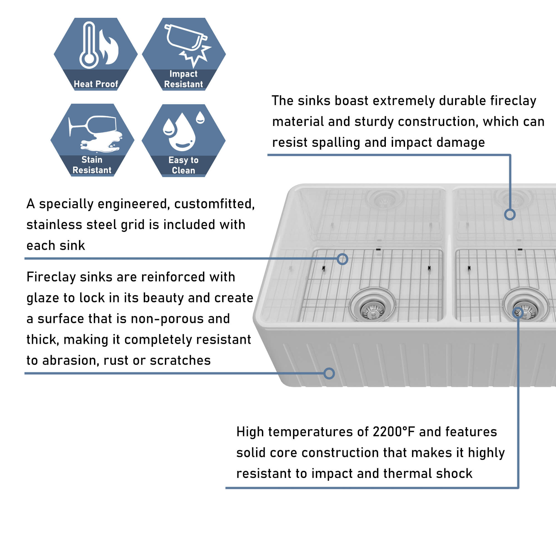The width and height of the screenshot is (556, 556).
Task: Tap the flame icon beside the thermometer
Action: pyautogui.click(x=109, y=48)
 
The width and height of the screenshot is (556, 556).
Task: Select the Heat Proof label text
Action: pyautogui.click(x=96, y=84)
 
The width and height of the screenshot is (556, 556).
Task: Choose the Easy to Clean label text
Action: pyautogui.click(x=183, y=165)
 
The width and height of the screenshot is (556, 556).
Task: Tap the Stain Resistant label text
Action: pyautogui.click(x=92, y=165)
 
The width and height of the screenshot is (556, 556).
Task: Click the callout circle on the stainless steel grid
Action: pyautogui.click(x=342, y=259)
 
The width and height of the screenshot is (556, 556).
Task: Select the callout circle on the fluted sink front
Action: pyautogui.click(x=329, y=374)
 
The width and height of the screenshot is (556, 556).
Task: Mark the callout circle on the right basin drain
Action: pyautogui.click(x=518, y=312)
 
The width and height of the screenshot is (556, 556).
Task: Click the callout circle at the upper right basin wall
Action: pyautogui.click(x=510, y=214)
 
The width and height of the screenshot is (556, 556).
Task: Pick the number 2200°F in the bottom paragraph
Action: pyautogui.click(x=393, y=432)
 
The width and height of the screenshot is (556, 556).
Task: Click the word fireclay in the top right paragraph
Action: pyautogui.click(x=513, y=101)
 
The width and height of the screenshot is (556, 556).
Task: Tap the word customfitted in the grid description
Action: pyautogui.click(x=214, y=204)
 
